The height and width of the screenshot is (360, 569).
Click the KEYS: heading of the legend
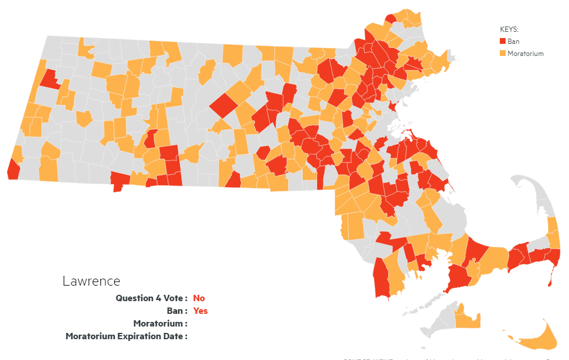point(508,28)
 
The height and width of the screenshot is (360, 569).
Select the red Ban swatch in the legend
point(502,41)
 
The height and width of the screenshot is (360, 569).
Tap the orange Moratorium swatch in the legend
point(502,54)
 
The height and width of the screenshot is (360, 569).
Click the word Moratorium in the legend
point(525,54)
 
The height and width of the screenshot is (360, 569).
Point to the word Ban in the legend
point(513,41)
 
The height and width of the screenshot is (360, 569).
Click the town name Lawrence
point(91,281)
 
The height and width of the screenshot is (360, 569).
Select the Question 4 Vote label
point(151,298)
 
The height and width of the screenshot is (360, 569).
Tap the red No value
point(199,298)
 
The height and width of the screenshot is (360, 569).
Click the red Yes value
point(200,310)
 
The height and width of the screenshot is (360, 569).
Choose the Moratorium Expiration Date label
point(126,336)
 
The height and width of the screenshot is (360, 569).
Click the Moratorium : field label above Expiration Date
point(160,323)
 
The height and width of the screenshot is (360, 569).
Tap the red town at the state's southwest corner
point(13,168)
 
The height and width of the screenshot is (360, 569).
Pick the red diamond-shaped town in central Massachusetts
point(223,107)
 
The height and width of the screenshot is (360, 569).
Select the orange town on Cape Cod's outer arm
point(553,234)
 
